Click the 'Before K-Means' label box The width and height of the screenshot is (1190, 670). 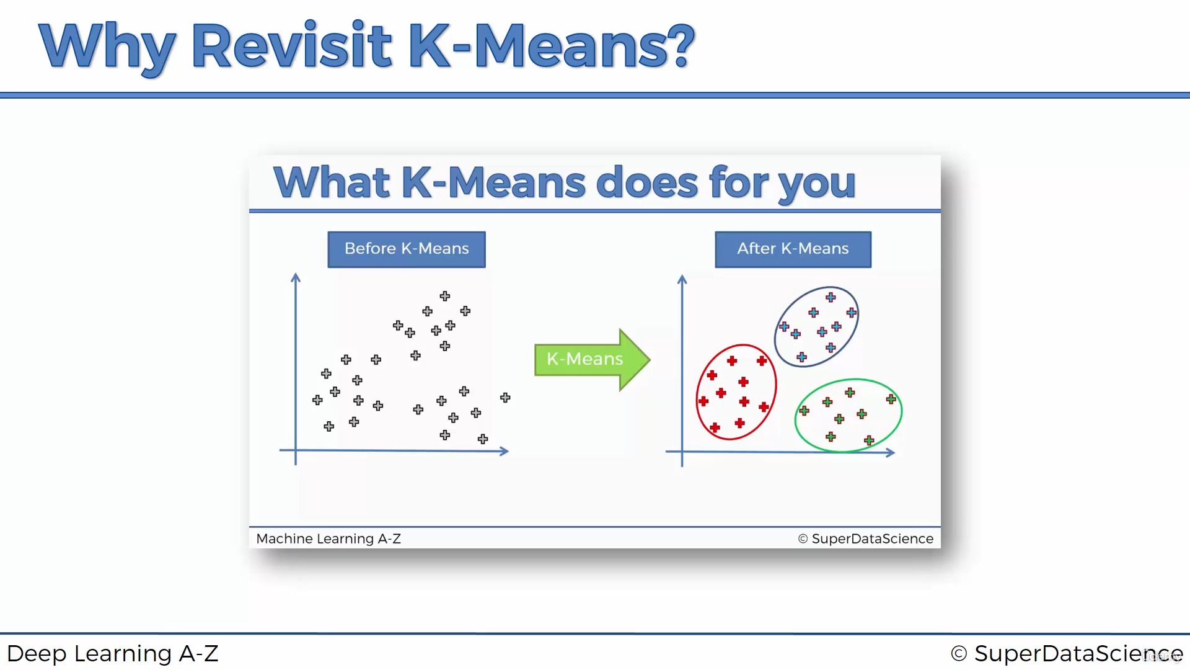(407, 249)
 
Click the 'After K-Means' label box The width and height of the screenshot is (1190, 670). (793, 249)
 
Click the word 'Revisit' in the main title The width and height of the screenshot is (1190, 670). (291, 46)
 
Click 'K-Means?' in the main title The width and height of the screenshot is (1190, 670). (552, 46)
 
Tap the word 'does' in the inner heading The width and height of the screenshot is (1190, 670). (646, 183)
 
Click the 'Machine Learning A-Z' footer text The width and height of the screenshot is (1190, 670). (328, 538)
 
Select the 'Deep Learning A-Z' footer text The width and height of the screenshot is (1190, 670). (113, 653)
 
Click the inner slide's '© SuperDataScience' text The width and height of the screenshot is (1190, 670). (865, 538)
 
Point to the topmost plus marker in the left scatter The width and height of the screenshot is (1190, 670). (445, 296)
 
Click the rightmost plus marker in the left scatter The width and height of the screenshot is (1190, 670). (505, 397)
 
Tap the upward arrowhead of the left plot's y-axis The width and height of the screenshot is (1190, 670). (296, 277)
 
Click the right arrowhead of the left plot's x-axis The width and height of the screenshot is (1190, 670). (505, 451)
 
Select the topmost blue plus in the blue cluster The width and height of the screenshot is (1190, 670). (831, 297)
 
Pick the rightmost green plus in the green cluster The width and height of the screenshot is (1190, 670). (891, 399)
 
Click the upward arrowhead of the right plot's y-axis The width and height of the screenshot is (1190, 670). (682, 279)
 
